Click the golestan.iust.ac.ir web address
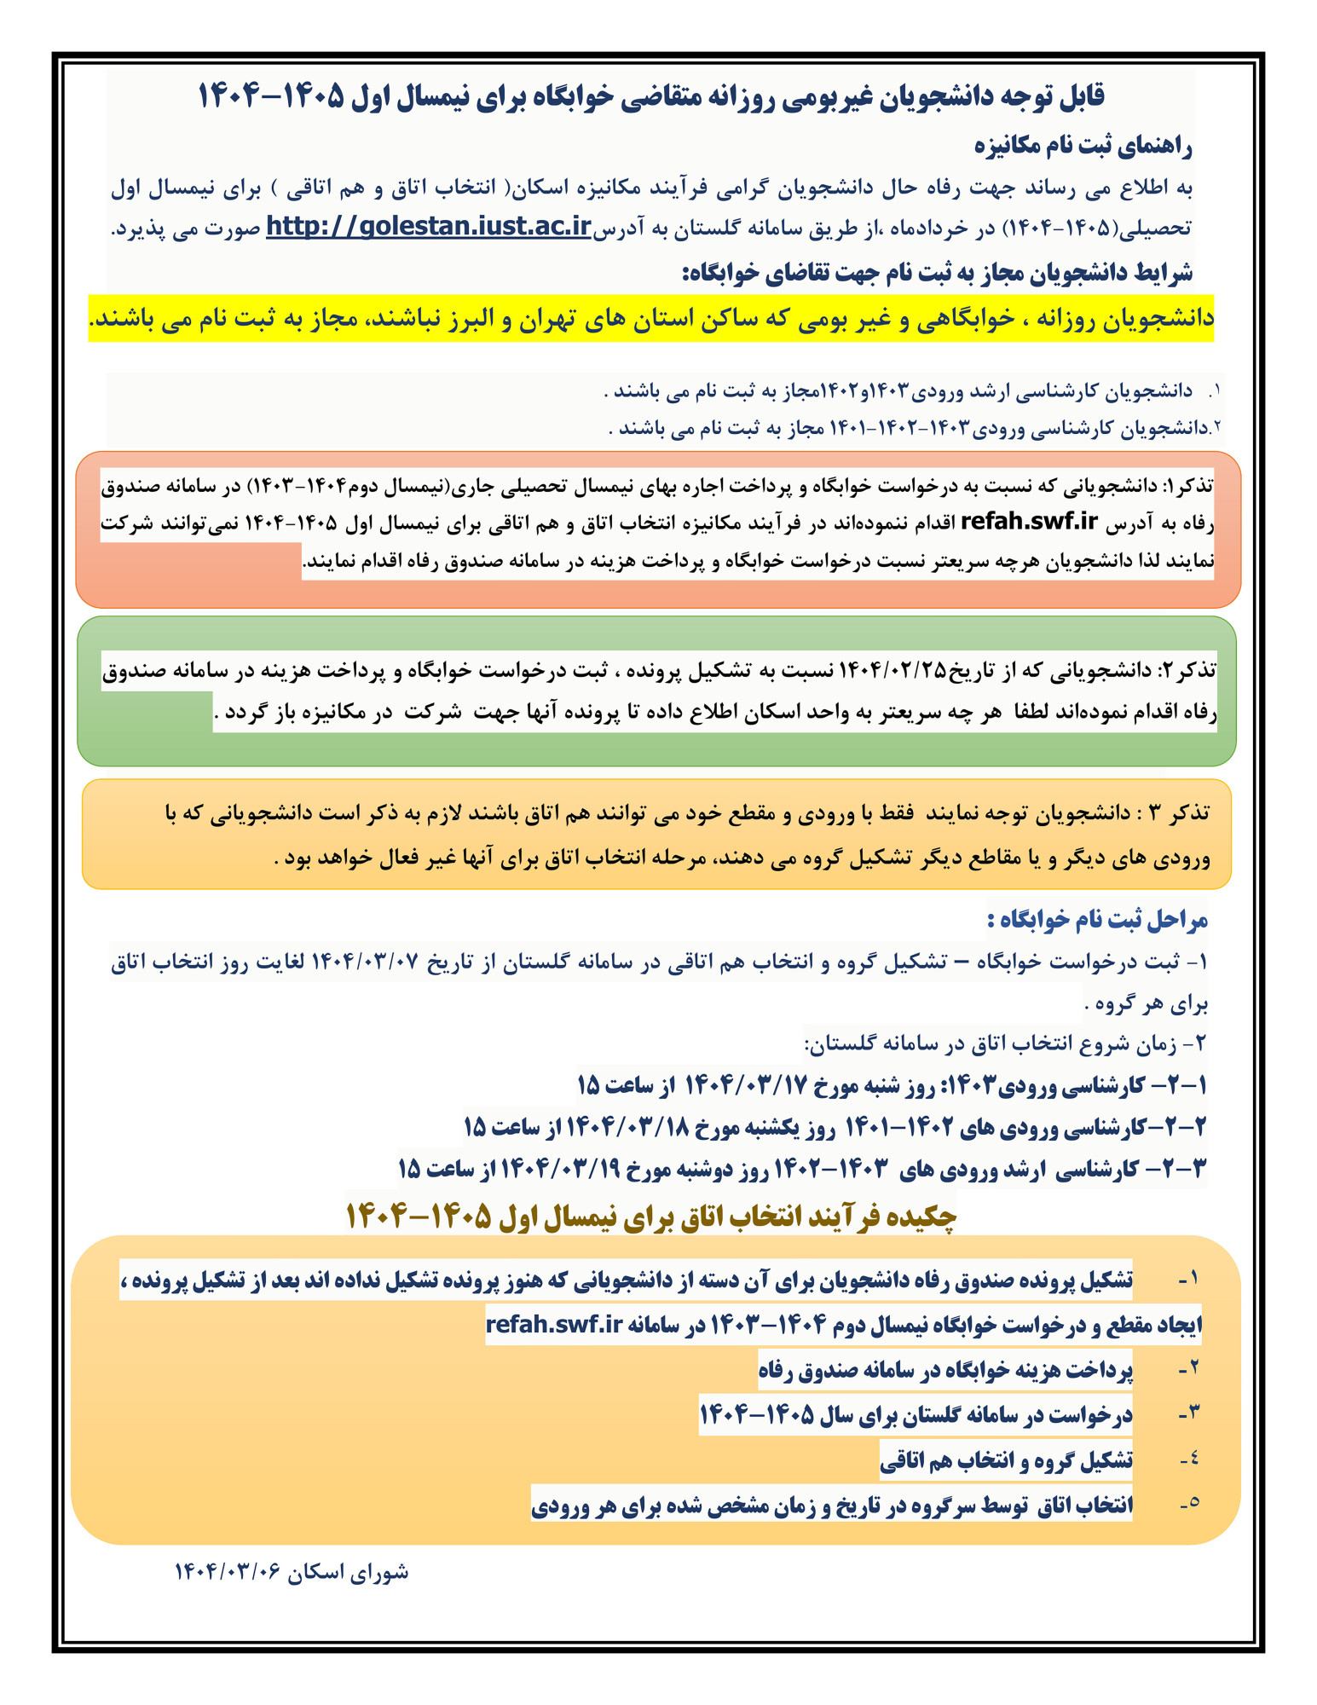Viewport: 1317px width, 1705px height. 429,227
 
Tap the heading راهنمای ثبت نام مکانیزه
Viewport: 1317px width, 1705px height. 1083,147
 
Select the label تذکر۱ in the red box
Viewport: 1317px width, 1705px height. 1187,486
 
